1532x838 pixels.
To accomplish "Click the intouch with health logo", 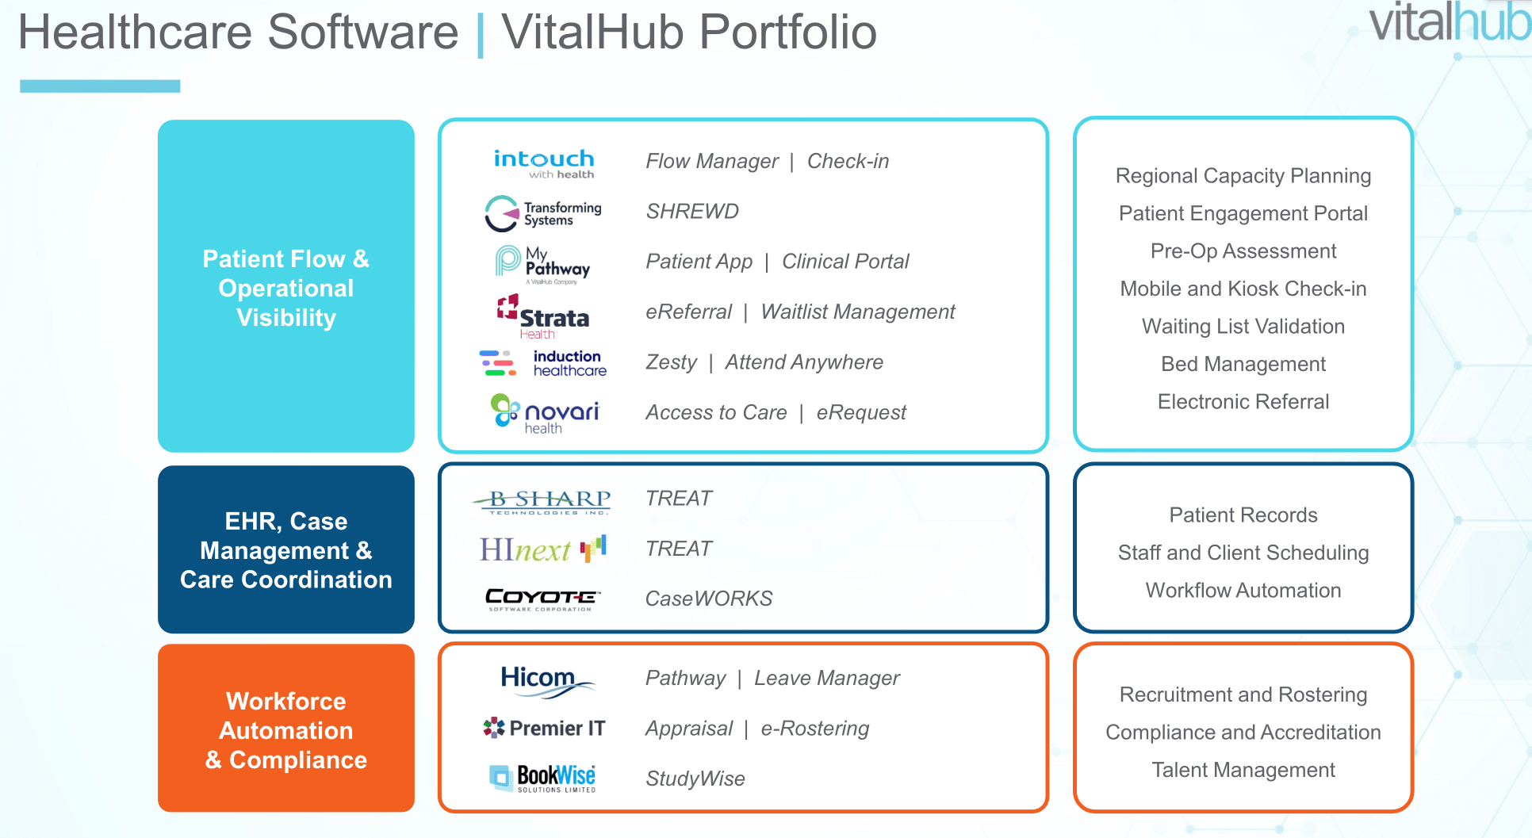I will [544, 163].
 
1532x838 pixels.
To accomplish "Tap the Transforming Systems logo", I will [544, 213].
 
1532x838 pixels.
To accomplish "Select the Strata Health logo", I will [544, 316].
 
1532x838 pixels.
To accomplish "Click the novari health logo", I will [545, 414].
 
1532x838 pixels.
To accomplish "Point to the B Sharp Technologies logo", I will [542, 501].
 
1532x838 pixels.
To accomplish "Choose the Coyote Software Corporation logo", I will [542, 599].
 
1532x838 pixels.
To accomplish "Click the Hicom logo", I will [544, 681].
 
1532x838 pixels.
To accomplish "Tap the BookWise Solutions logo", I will [543, 778].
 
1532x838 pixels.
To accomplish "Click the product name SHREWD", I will [692, 212].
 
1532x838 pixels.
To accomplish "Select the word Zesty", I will [671, 362].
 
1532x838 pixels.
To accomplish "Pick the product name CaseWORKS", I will [709, 599].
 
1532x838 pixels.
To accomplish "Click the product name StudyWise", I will [695, 779].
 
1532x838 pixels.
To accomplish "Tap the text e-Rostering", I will [815, 729].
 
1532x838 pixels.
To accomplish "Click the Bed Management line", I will [1243, 364].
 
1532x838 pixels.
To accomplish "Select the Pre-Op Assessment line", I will [1243, 251].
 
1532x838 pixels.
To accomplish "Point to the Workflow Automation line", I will [1243, 591].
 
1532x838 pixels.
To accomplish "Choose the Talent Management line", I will [1243, 770].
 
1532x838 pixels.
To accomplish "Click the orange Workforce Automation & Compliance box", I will [286, 729].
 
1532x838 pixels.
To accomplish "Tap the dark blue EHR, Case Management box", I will [286, 549].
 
